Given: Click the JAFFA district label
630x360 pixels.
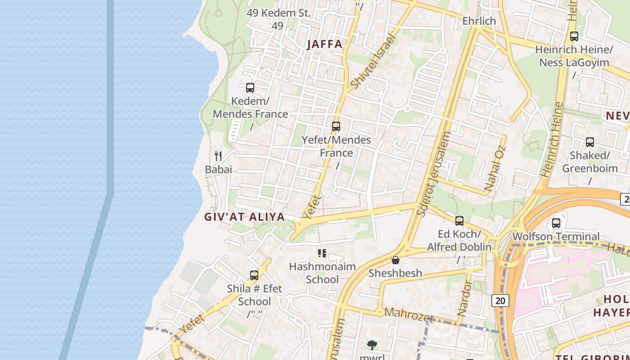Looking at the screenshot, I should coord(324,44).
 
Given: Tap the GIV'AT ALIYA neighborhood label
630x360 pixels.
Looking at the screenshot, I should coord(245,217).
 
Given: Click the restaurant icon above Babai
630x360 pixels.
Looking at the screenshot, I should coord(218,156).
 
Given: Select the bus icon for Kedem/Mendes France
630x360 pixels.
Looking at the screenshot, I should coord(250,88).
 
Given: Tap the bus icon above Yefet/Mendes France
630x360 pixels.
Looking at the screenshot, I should coord(336,126).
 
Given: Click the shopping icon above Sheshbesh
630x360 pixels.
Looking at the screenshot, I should coord(396,260).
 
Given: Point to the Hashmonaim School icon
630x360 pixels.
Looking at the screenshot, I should coord(322,253).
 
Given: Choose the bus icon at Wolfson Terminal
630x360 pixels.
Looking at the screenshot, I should coord(556,223).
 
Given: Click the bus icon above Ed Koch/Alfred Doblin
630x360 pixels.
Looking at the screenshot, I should coord(459,221).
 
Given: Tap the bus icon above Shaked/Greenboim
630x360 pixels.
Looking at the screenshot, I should coord(590,142).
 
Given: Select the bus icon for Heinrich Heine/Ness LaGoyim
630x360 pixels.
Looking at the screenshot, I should coord(574,36).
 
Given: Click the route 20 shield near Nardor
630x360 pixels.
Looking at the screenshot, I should coord(500,300).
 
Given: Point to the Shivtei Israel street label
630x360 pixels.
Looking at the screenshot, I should coord(372,62).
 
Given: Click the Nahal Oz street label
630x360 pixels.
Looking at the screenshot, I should coord(495,167).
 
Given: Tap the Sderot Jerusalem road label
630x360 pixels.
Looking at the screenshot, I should coord(434,174).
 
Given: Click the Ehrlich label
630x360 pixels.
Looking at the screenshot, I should coord(479,21).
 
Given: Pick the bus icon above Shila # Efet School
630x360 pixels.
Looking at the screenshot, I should coord(254,275).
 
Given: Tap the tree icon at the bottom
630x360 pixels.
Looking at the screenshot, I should coord(372,345).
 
